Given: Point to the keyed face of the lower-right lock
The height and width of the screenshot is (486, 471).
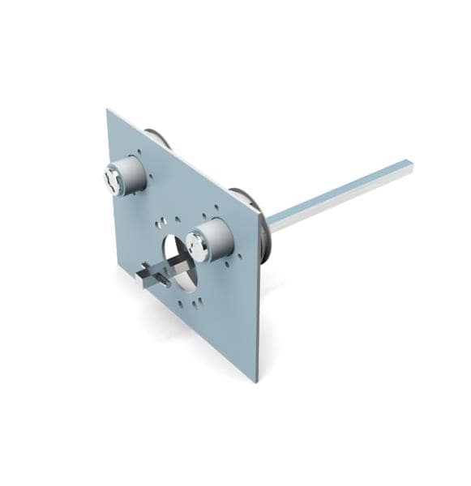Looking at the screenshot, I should click(x=197, y=246).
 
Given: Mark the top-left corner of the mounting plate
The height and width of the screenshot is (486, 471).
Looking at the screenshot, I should click(x=108, y=110).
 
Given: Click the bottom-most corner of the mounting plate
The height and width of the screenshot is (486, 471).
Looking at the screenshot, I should click(x=256, y=381).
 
